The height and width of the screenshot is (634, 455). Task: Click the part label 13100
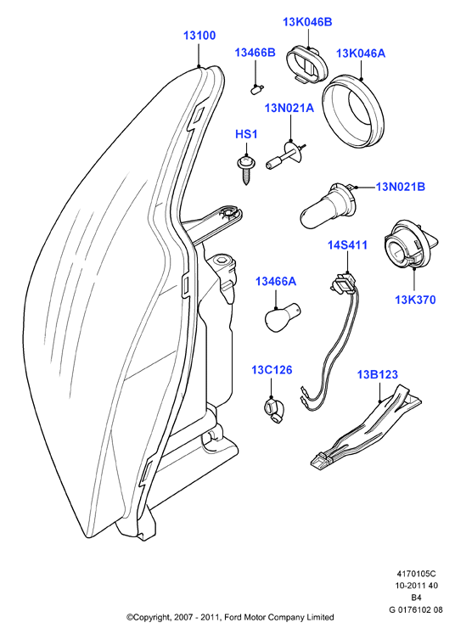pyautogui.click(x=199, y=36)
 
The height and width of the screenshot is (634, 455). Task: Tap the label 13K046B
pyautogui.click(x=307, y=22)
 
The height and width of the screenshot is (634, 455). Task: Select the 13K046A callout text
pyautogui.click(x=361, y=53)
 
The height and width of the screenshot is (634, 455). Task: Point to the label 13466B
pyautogui.click(x=256, y=53)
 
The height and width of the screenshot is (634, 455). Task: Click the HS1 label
pyautogui.click(x=246, y=134)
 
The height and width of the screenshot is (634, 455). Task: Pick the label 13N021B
pyautogui.click(x=401, y=187)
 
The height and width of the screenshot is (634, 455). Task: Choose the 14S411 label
pyautogui.click(x=347, y=245)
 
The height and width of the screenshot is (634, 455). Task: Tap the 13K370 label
pyautogui.click(x=415, y=300)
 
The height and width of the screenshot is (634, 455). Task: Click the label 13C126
pyautogui.click(x=272, y=370)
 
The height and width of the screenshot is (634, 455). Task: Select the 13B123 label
pyautogui.click(x=378, y=374)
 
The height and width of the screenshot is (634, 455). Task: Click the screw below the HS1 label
pyautogui.click(x=244, y=169)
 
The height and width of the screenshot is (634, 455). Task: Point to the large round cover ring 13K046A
pyautogui.click(x=352, y=111)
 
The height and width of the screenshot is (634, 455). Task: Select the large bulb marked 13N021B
pyautogui.click(x=328, y=206)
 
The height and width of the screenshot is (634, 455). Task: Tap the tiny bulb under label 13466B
pyautogui.click(x=256, y=89)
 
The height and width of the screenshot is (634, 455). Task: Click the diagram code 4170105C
pyautogui.click(x=416, y=574)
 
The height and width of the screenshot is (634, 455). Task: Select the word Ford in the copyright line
pyautogui.click(x=233, y=617)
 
